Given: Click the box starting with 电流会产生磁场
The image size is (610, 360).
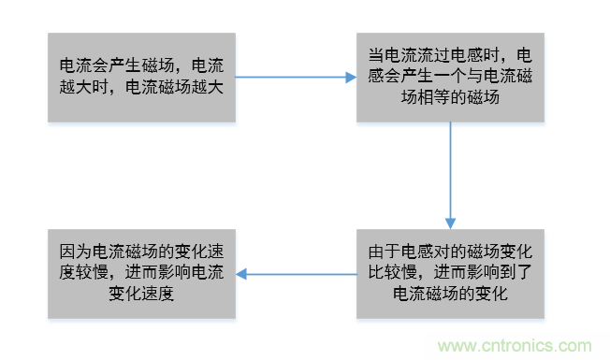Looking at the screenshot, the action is (142, 77).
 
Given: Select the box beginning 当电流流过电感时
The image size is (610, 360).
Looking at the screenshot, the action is (449, 77).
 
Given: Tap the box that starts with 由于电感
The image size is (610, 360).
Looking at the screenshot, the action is (449, 273).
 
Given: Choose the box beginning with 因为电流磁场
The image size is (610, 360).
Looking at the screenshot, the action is (142, 273).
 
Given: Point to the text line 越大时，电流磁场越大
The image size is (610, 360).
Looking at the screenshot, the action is (142, 87).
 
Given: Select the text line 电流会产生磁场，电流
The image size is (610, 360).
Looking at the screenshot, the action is (142, 66).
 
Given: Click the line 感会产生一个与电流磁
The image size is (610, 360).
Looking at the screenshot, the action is (449, 77).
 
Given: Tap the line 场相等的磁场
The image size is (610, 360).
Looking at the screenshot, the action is (449, 97).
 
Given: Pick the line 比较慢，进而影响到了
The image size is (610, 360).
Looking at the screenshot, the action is (449, 273).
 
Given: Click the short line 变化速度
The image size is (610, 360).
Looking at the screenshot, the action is (142, 294).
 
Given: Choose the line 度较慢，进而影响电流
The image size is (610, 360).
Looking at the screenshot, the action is (142, 273).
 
